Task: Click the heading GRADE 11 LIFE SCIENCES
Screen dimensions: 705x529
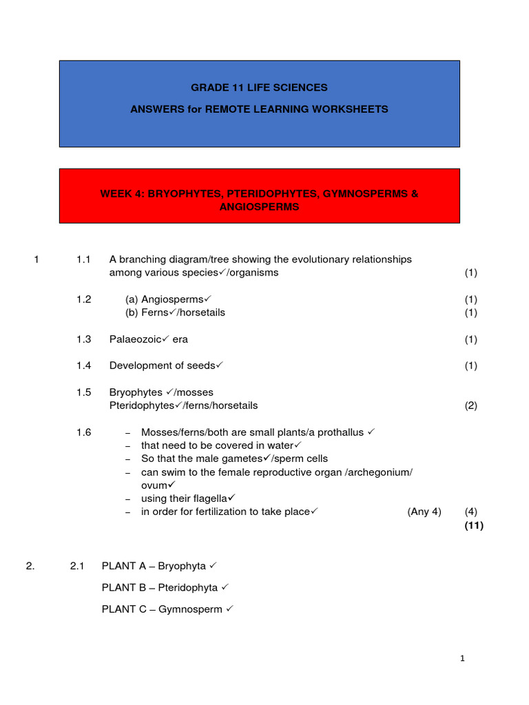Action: click(x=259, y=87)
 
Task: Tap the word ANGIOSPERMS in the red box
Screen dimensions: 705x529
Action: click(x=259, y=207)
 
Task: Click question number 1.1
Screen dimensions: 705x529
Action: click(x=83, y=260)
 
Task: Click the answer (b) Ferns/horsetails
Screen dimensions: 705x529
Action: click(x=175, y=313)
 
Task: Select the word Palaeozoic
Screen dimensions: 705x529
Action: click(x=135, y=339)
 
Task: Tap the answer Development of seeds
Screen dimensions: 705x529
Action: click(x=163, y=366)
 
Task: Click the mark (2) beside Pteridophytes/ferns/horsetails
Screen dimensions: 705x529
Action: click(x=470, y=406)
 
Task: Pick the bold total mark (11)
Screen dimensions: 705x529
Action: click(x=474, y=525)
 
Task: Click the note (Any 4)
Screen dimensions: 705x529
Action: click(x=424, y=512)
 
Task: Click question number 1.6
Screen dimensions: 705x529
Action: click(x=83, y=432)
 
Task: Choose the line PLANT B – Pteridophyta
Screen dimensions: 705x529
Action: click(x=160, y=588)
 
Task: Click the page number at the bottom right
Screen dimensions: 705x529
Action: click(x=463, y=658)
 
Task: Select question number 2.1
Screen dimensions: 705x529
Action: click(x=76, y=566)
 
